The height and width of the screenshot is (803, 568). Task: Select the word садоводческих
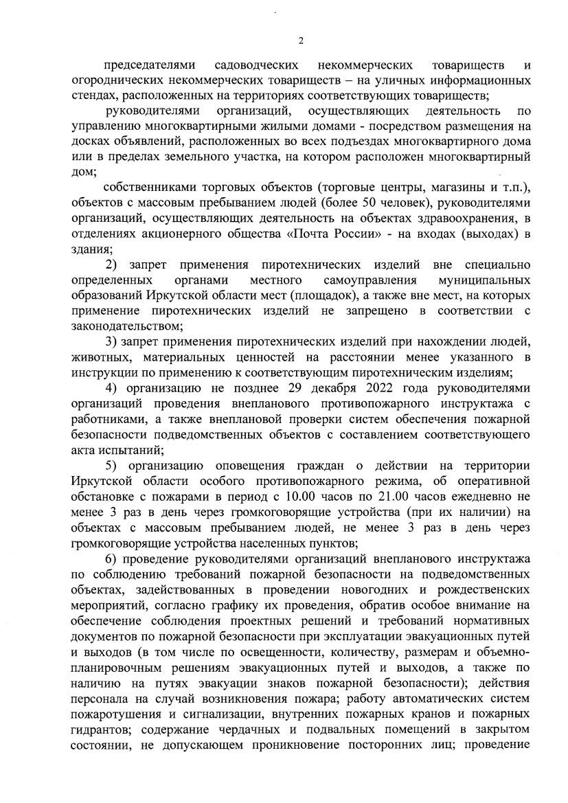256,65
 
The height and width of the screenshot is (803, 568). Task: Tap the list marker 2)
111,264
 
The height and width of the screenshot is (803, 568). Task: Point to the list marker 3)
111,341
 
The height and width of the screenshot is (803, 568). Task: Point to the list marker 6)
111,557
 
